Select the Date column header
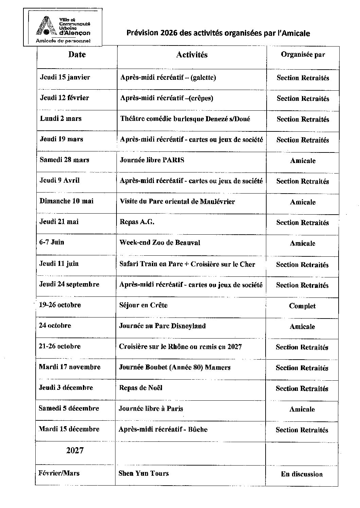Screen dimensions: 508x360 pyautogui.click(x=77, y=55)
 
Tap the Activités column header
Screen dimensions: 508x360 pyautogui.click(x=192, y=55)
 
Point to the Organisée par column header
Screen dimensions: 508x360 pyautogui.click(x=303, y=55)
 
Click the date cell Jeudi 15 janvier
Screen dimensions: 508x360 pyautogui.click(x=65, y=77)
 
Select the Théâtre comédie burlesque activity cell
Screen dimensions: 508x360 pyautogui.click(x=185, y=119)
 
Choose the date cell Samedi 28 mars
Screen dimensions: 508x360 pyautogui.click(x=64, y=160)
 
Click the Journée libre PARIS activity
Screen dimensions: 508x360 pyautogui.click(x=152, y=160)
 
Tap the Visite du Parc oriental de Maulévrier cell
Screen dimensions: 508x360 pyautogui.click(x=177, y=201)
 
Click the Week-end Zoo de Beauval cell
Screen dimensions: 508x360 pyautogui.click(x=160, y=243)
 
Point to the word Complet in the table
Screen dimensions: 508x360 pyautogui.click(x=302, y=306)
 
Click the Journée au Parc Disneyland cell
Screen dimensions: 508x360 pyautogui.click(x=162, y=326)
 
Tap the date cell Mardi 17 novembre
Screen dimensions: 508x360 pyautogui.click(x=70, y=367)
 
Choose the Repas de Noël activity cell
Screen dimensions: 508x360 pyautogui.click(x=140, y=388)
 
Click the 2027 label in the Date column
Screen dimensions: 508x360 pyautogui.click(x=75, y=451)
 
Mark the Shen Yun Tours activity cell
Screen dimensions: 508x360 pyautogui.click(x=143, y=473)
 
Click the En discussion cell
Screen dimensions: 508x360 pyautogui.click(x=302, y=474)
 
